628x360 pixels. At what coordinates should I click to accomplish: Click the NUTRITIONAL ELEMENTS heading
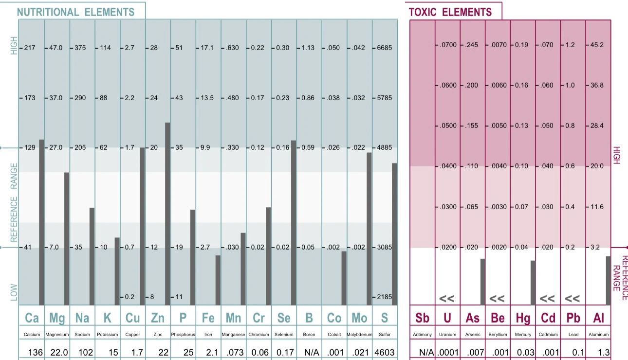coord(75,12)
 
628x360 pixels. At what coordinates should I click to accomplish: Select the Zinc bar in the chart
coord(167,214)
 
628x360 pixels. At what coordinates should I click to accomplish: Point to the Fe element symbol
coord(208,318)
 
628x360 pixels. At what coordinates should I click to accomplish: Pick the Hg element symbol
coord(523,318)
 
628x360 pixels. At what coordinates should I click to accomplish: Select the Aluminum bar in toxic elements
coord(608,281)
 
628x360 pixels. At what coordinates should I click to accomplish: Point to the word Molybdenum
coord(359,335)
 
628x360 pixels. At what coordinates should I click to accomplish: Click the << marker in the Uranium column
coord(446,298)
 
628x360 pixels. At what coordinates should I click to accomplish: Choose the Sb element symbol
coord(422,318)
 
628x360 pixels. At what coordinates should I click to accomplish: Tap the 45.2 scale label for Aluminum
coord(597,45)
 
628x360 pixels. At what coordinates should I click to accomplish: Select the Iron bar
coord(218,280)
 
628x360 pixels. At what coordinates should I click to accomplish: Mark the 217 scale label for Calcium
coord(29,48)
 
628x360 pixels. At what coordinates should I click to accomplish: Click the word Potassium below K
coord(108,335)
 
